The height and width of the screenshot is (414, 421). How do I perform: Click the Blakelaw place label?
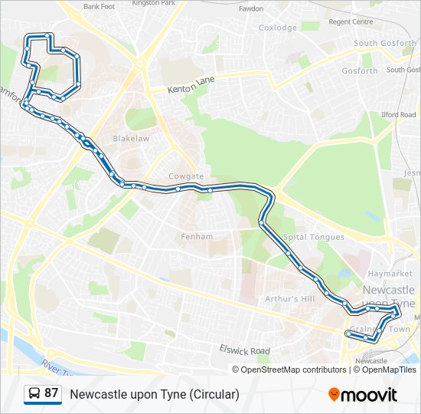tap(131, 139)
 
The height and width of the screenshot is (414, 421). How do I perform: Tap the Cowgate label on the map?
tap(186, 176)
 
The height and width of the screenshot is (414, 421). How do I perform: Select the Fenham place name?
tap(197, 236)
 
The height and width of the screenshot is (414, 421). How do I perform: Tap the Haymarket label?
tap(390, 274)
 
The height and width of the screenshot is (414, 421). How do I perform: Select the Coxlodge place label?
tap(278, 28)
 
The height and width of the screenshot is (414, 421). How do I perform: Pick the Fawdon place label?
tap(251, 9)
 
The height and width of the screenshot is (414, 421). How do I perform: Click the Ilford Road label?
tap(400, 115)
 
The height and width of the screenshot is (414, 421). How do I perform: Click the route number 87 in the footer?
tap(51, 393)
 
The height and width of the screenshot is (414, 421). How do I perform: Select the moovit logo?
tap(363, 394)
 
